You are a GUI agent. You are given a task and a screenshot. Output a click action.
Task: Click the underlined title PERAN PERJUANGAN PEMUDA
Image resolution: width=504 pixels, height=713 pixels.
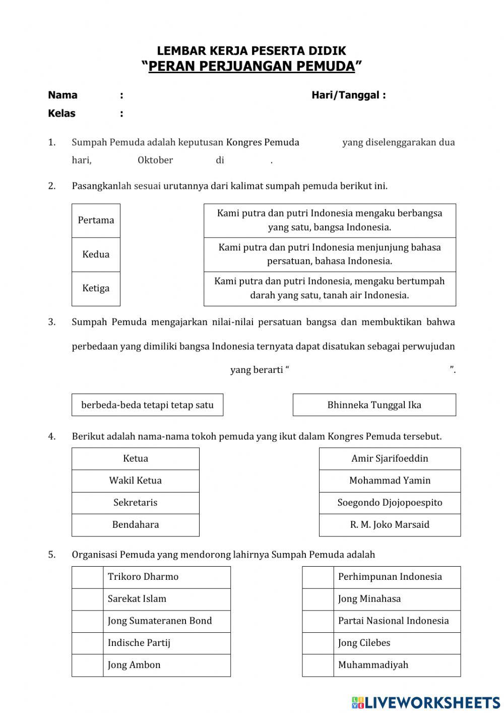(x=251, y=67)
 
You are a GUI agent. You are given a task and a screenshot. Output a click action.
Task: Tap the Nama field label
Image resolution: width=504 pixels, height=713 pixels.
(x=62, y=95)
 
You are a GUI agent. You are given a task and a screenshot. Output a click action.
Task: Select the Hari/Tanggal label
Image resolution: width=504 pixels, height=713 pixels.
(x=348, y=95)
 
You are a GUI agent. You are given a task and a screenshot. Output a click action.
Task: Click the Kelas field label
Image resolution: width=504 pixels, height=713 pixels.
(x=61, y=114)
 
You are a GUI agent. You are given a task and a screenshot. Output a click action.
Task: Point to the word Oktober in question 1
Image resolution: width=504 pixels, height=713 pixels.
(x=155, y=160)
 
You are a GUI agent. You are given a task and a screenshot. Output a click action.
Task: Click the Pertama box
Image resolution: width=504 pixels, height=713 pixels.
(x=96, y=221)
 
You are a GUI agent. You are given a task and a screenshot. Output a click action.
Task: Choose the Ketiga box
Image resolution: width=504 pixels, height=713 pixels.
(x=96, y=289)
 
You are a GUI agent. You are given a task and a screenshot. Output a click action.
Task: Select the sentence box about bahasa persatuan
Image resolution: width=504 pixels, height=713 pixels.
(x=330, y=254)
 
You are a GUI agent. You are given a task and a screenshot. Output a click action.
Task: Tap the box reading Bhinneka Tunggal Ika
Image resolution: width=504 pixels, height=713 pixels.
(x=374, y=405)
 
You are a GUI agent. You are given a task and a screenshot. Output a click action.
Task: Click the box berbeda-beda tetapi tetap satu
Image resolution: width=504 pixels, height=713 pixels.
(x=147, y=405)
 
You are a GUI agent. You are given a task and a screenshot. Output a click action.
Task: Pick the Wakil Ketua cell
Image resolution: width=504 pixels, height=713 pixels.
(x=135, y=481)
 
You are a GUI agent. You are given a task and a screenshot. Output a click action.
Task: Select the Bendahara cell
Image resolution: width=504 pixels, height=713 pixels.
(x=135, y=525)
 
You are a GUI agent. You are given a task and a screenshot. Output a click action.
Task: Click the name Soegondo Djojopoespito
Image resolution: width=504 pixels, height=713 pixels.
(x=390, y=503)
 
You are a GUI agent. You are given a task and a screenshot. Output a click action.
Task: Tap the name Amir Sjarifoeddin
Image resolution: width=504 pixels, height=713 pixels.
(x=390, y=459)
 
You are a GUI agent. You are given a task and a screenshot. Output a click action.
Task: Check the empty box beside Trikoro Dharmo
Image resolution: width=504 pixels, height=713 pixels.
(x=87, y=577)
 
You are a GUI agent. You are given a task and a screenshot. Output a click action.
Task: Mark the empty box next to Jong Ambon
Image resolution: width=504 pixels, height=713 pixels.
(x=87, y=665)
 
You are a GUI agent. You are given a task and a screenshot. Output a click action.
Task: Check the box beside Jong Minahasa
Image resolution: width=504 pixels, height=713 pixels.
(x=318, y=599)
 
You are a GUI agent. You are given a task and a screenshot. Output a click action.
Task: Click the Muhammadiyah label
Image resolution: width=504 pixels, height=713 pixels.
(x=373, y=665)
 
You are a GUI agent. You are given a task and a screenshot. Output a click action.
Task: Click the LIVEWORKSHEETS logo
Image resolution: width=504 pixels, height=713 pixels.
(x=426, y=702)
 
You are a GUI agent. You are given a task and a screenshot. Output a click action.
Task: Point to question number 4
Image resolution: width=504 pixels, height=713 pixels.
(x=52, y=436)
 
